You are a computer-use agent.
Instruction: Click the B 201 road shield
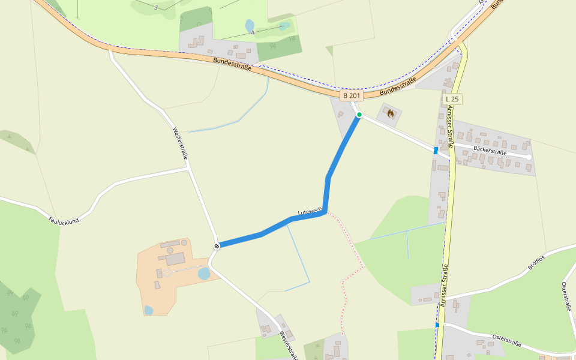tap(352, 95)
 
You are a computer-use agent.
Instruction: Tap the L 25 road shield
tap(452, 98)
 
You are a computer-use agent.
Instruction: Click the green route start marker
tap(359, 115)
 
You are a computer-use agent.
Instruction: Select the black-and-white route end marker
tap(217, 245)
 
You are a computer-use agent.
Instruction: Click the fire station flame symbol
tap(391, 113)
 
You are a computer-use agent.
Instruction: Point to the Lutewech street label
tap(310, 211)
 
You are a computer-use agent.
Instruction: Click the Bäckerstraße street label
tap(490, 150)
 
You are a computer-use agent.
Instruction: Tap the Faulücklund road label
tap(64, 221)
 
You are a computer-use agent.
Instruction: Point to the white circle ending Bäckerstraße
tap(529, 157)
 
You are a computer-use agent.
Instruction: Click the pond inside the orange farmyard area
tap(203, 274)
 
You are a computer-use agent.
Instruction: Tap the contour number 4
tap(253, 32)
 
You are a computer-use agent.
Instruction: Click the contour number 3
tap(155, 7)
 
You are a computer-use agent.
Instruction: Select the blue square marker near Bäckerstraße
tap(436, 151)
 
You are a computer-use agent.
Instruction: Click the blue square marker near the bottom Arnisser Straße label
tap(437, 325)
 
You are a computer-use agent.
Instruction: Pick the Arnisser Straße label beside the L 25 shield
tap(450, 127)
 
